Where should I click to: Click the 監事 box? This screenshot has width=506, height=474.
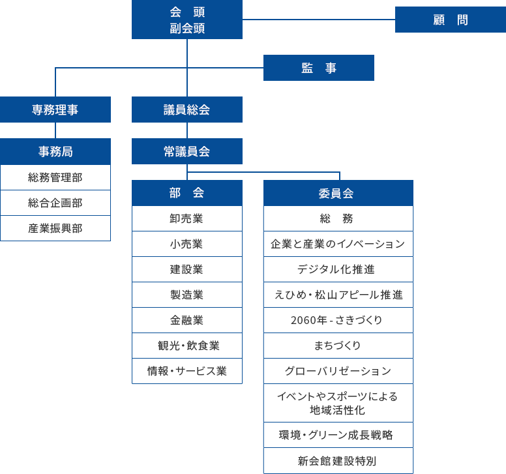pyautogui.click(x=319, y=68)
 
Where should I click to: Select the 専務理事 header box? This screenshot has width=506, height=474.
pyautogui.click(x=55, y=110)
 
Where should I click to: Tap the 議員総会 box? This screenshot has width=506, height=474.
pyautogui.click(x=187, y=110)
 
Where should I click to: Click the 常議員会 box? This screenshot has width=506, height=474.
pyautogui.click(x=187, y=151)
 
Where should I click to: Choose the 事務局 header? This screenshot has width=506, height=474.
pyautogui.click(x=55, y=151)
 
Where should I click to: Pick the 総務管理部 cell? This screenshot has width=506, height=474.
pyautogui.click(x=55, y=177)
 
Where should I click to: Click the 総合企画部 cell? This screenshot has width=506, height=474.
pyautogui.click(x=55, y=203)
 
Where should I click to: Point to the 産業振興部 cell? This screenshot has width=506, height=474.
pyautogui.click(x=55, y=228)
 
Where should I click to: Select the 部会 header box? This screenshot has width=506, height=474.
pyautogui.click(x=187, y=193)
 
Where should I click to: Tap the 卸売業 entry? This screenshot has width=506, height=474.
pyautogui.click(x=187, y=218)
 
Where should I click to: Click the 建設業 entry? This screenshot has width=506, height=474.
pyautogui.click(x=187, y=269)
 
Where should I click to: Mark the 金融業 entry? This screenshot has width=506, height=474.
pyautogui.click(x=187, y=320)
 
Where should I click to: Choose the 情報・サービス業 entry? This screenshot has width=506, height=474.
pyautogui.click(x=187, y=371)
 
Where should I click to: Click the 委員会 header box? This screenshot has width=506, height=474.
pyautogui.click(x=338, y=193)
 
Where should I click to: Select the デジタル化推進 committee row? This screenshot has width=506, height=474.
pyautogui.click(x=338, y=269)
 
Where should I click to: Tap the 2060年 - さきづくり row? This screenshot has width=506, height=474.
pyautogui.click(x=338, y=320)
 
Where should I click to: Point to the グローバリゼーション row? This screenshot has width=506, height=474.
pyautogui.click(x=338, y=371)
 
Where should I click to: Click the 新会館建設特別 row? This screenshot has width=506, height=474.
pyautogui.click(x=338, y=461)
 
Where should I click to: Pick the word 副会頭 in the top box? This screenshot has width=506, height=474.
pyautogui.click(x=187, y=29)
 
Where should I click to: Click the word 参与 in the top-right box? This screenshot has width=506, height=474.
pyautogui.click(x=451, y=46)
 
